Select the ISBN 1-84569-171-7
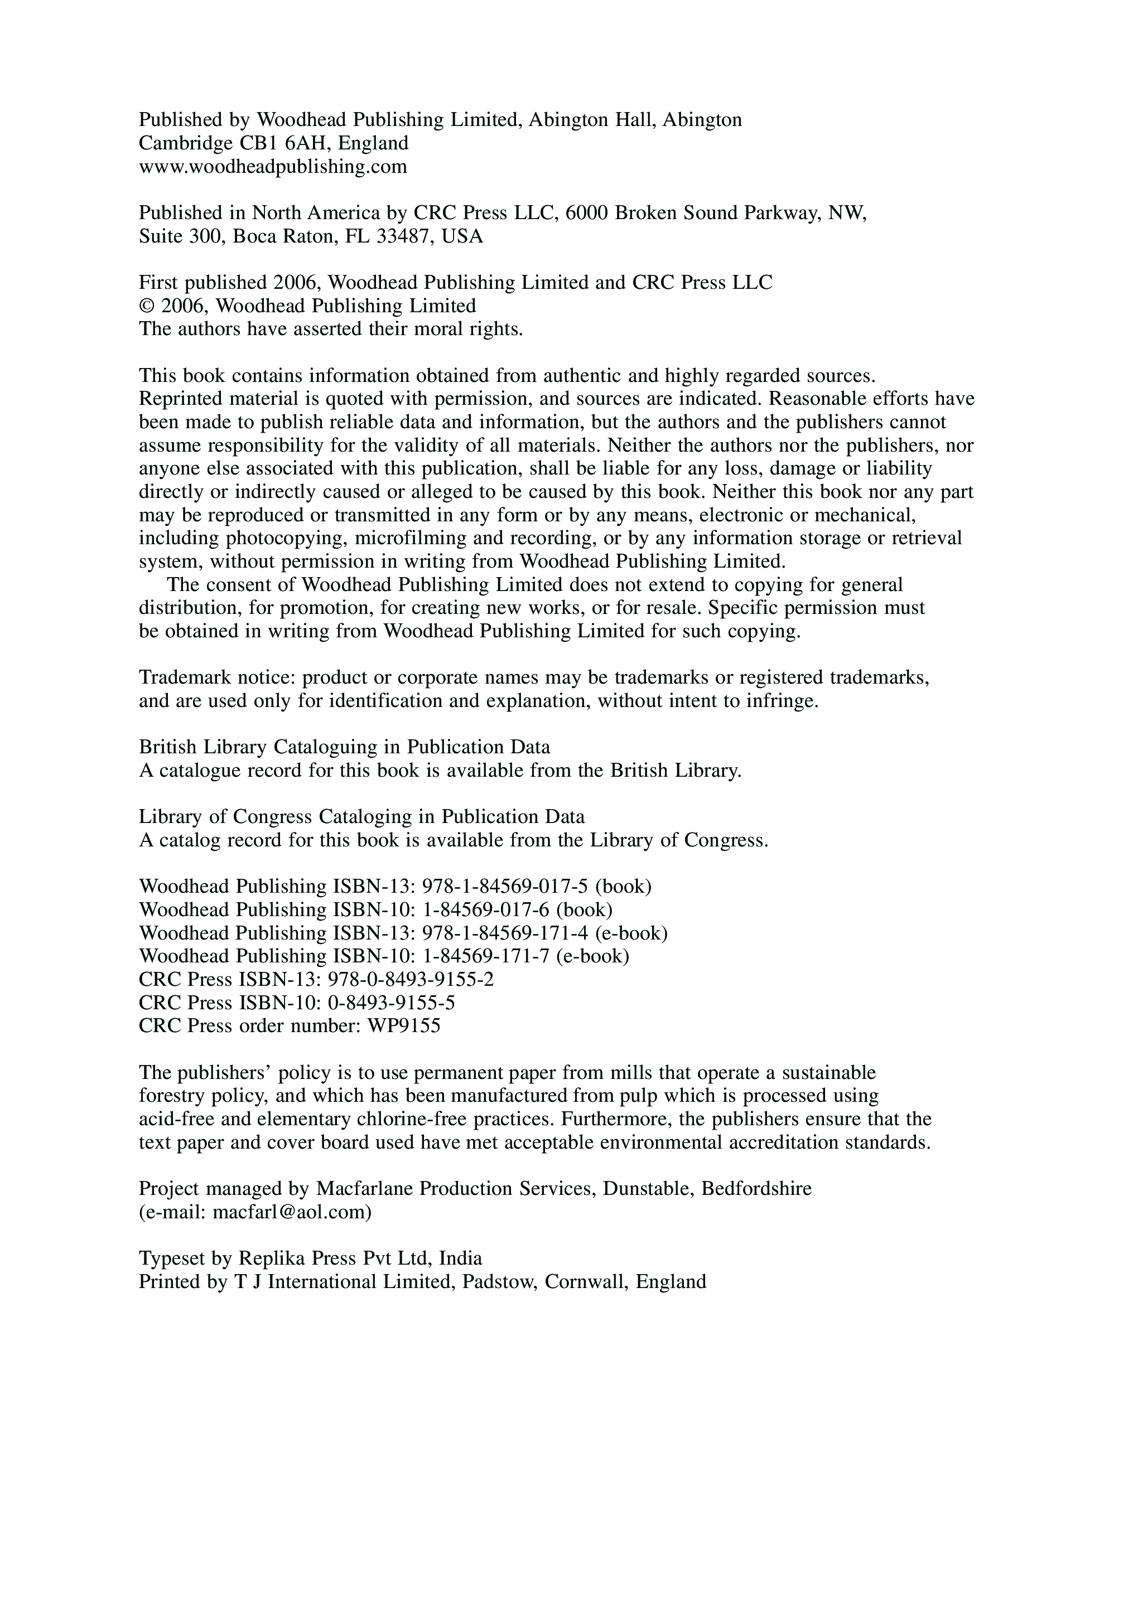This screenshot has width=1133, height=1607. [484, 956]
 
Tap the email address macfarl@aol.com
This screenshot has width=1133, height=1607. [289, 1212]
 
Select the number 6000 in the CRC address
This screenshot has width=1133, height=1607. [587, 214]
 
